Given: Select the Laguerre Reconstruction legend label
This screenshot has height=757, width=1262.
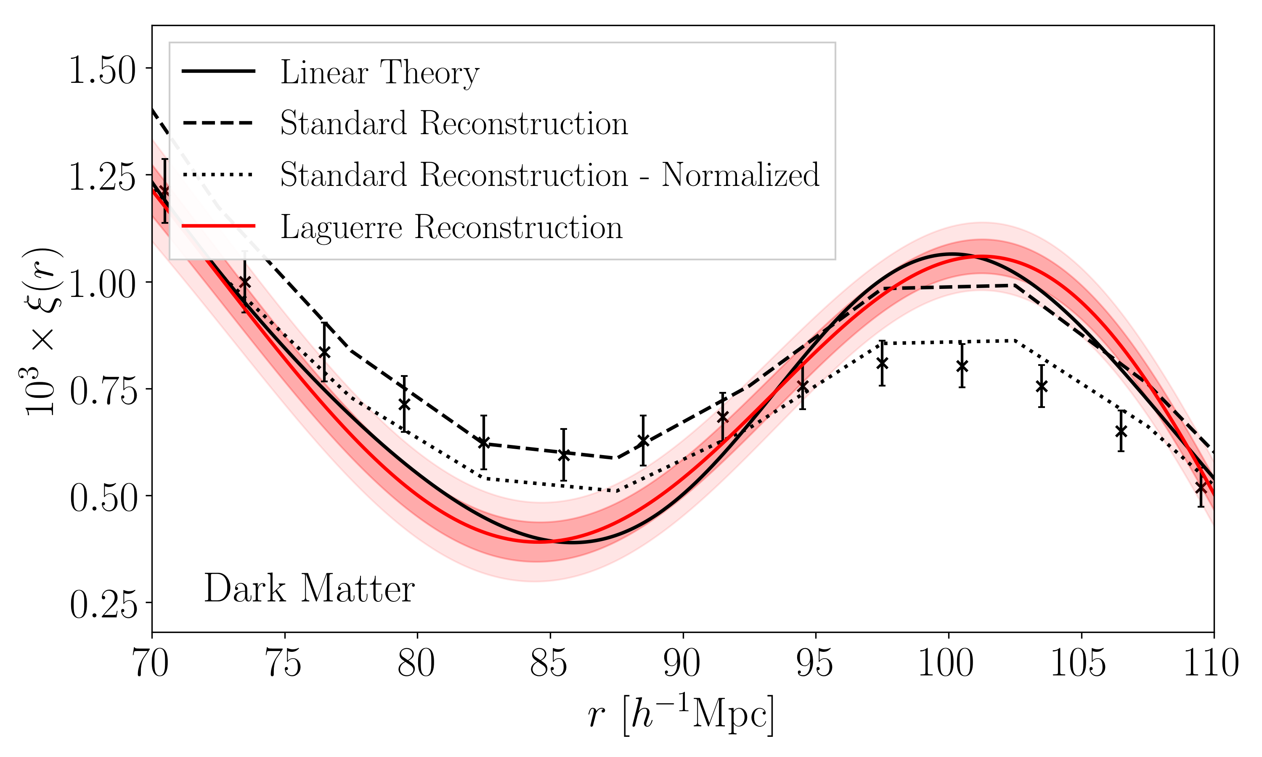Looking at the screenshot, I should (x=451, y=227).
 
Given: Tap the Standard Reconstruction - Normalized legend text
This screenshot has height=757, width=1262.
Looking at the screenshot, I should (x=549, y=175).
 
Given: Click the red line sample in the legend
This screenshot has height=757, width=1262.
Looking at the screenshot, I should (x=218, y=225).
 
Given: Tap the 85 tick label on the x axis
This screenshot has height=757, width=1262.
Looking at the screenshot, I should (x=549, y=664).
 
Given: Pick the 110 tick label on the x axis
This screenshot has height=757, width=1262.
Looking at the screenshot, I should (x=1212, y=664).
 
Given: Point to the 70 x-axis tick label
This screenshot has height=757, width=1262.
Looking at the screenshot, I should (x=151, y=664).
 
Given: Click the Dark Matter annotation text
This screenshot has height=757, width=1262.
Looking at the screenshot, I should (x=309, y=589).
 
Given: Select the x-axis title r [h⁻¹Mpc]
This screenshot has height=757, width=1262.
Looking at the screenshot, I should (x=681, y=714).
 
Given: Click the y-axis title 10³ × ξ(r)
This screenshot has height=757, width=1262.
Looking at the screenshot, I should (x=43, y=331).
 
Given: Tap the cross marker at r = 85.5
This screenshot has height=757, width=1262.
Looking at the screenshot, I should (x=564, y=455).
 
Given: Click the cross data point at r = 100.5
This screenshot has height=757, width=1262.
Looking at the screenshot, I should (x=962, y=366).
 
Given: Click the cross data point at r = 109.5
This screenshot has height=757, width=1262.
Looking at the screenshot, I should (x=1201, y=487).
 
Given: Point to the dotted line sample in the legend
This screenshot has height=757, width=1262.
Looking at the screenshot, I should (x=218, y=175).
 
